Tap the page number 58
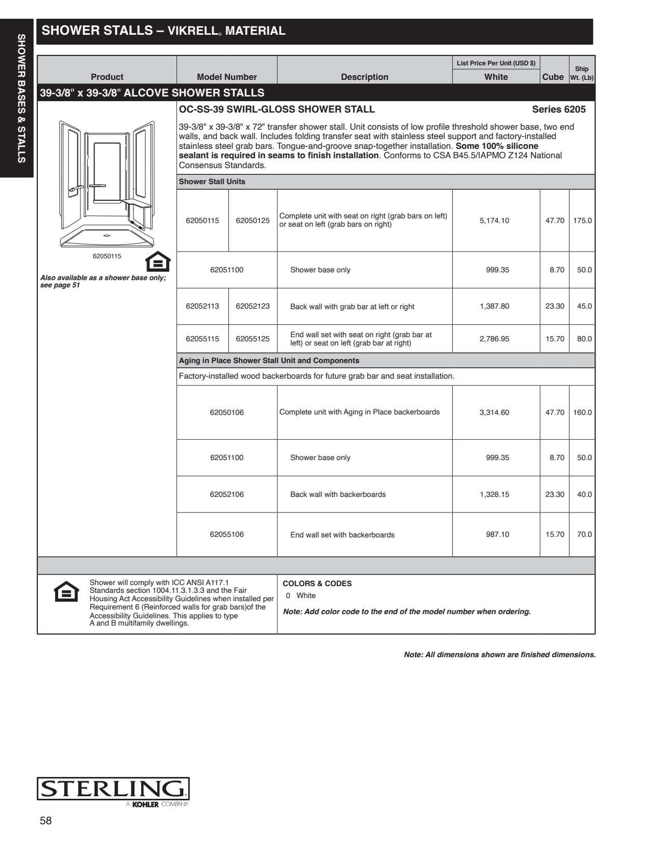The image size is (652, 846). [x=46, y=821]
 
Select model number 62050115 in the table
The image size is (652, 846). [x=202, y=220]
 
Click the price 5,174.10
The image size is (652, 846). [x=494, y=220]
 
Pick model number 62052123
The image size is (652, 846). [x=253, y=306]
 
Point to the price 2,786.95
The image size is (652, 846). [x=494, y=339]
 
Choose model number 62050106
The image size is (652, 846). [x=227, y=412]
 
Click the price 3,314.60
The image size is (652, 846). [x=494, y=412]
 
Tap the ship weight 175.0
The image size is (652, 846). [x=582, y=220]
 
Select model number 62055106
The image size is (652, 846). [x=227, y=534]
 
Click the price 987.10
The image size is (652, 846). [x=497, y=534]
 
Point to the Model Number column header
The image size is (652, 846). [x=227, y=77]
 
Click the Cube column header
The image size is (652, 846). [x=553, y=77]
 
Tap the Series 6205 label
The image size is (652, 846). [x=559, y=109]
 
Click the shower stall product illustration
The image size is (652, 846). [x=107, y=184]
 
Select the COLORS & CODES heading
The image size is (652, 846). [x=317, y=584]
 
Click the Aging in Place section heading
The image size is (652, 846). [x=269, y=360]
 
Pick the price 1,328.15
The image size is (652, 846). [x=494, y=494]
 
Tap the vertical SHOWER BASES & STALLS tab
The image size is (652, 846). [x=21, y=99]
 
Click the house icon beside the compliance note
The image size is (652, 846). [x=66, y=592]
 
